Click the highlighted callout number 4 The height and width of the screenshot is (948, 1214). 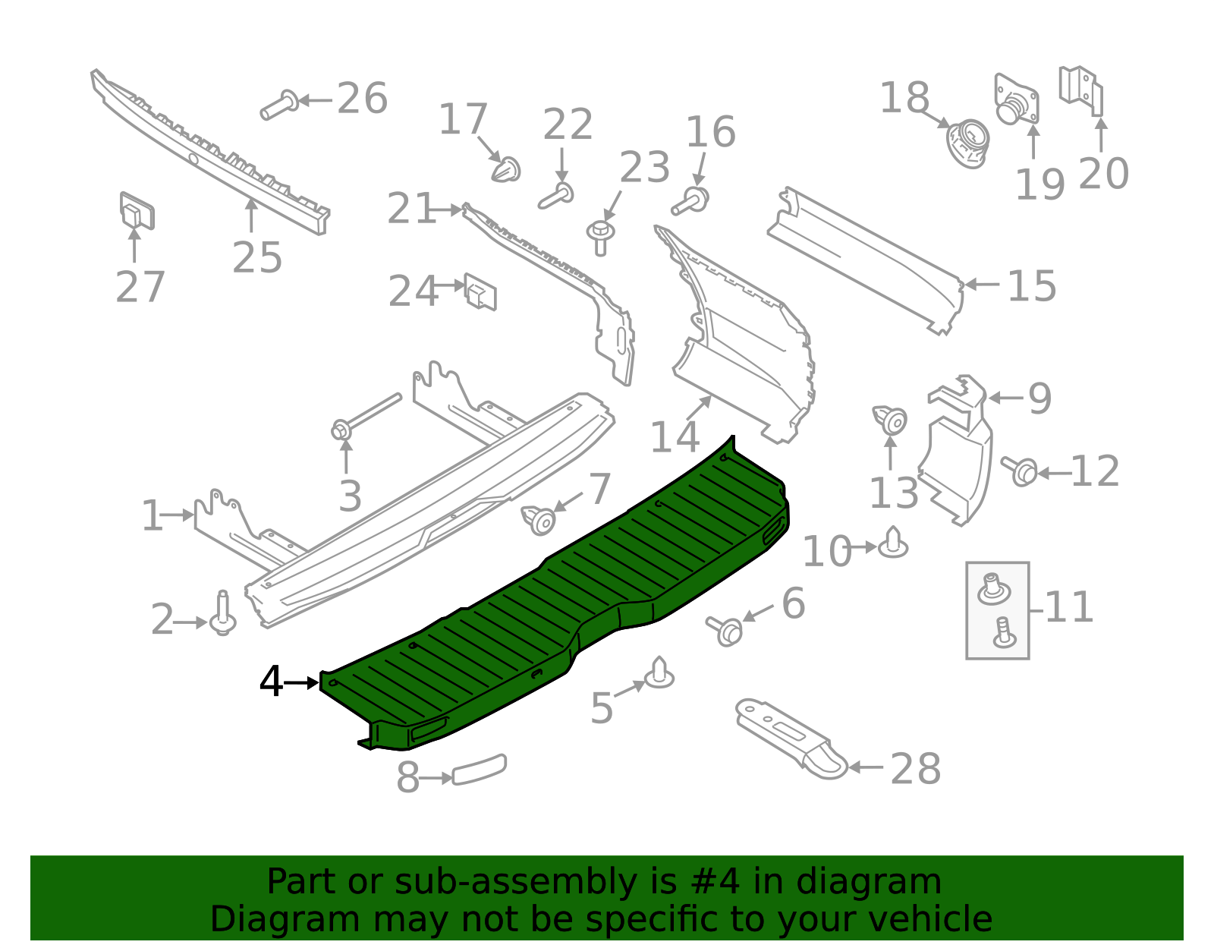pos(271,682)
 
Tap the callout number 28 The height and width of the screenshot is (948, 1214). pos(915,769)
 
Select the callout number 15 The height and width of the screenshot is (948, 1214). pos(1031,286)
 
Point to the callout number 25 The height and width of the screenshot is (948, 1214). pos(257,257)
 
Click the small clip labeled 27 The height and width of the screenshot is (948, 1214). pos(137,210)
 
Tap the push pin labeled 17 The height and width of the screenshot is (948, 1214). pos(506,170)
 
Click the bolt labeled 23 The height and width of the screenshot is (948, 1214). pos(601,236)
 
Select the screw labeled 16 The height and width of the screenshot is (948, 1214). pos(690,202)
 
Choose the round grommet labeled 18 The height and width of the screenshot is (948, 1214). pos(968,142)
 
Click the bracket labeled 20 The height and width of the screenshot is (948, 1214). pos(1082,90)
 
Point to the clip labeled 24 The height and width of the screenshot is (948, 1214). pos(480,291)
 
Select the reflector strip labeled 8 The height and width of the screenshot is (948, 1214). pos(479,770)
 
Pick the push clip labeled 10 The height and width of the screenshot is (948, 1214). pos(893,543)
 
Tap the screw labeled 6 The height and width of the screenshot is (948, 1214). pos(725,630)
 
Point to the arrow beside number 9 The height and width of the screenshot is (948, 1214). pos(1005,398)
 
